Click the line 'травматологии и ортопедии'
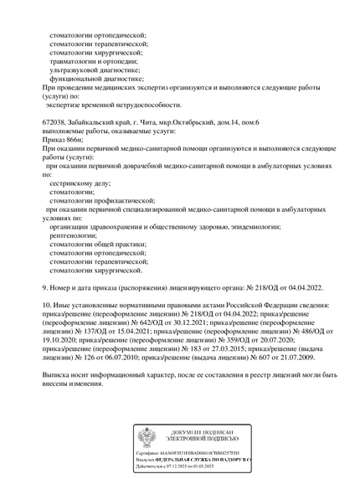96,61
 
